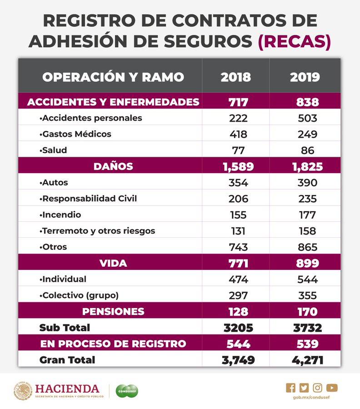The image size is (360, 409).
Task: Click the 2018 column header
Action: [x=235, y=77]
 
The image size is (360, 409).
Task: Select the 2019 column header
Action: [x=305, y=77]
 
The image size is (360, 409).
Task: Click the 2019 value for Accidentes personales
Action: [x=305, y=118]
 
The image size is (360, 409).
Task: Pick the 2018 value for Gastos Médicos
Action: [x=235, y=134]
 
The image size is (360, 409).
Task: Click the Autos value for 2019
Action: [x=305, y=183]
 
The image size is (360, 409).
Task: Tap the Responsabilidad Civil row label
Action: [x=88, y=199]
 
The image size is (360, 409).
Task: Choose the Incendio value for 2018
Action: [x=235, y=215]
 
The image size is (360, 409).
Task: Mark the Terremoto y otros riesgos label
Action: [x=97, y=231]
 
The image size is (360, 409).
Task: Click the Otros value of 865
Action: [x=305, y=247]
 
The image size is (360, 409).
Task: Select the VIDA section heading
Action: [x=113, y=263]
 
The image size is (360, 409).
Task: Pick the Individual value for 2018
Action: [x=235, y=279]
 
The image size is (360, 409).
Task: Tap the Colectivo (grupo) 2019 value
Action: [x=305, y=295]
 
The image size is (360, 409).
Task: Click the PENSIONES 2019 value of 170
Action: [x=305, y=312]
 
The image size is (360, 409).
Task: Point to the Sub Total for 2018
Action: [x=235, y=328]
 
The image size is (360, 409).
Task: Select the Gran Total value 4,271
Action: [x=305, y=360]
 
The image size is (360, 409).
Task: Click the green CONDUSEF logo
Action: [x=127, y=390]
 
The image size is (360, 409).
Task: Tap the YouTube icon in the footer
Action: [x=332, y=388]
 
